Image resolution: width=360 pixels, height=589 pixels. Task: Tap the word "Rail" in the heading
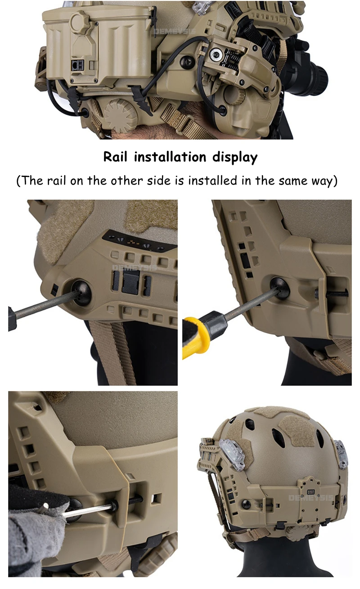point(115,157)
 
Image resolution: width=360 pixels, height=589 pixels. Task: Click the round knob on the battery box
point(81,20)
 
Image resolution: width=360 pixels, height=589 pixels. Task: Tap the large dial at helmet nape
point(121,114)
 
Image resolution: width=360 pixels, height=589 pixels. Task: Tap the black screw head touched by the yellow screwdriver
point(280,287)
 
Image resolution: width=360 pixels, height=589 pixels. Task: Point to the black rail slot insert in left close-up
point(131,283)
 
